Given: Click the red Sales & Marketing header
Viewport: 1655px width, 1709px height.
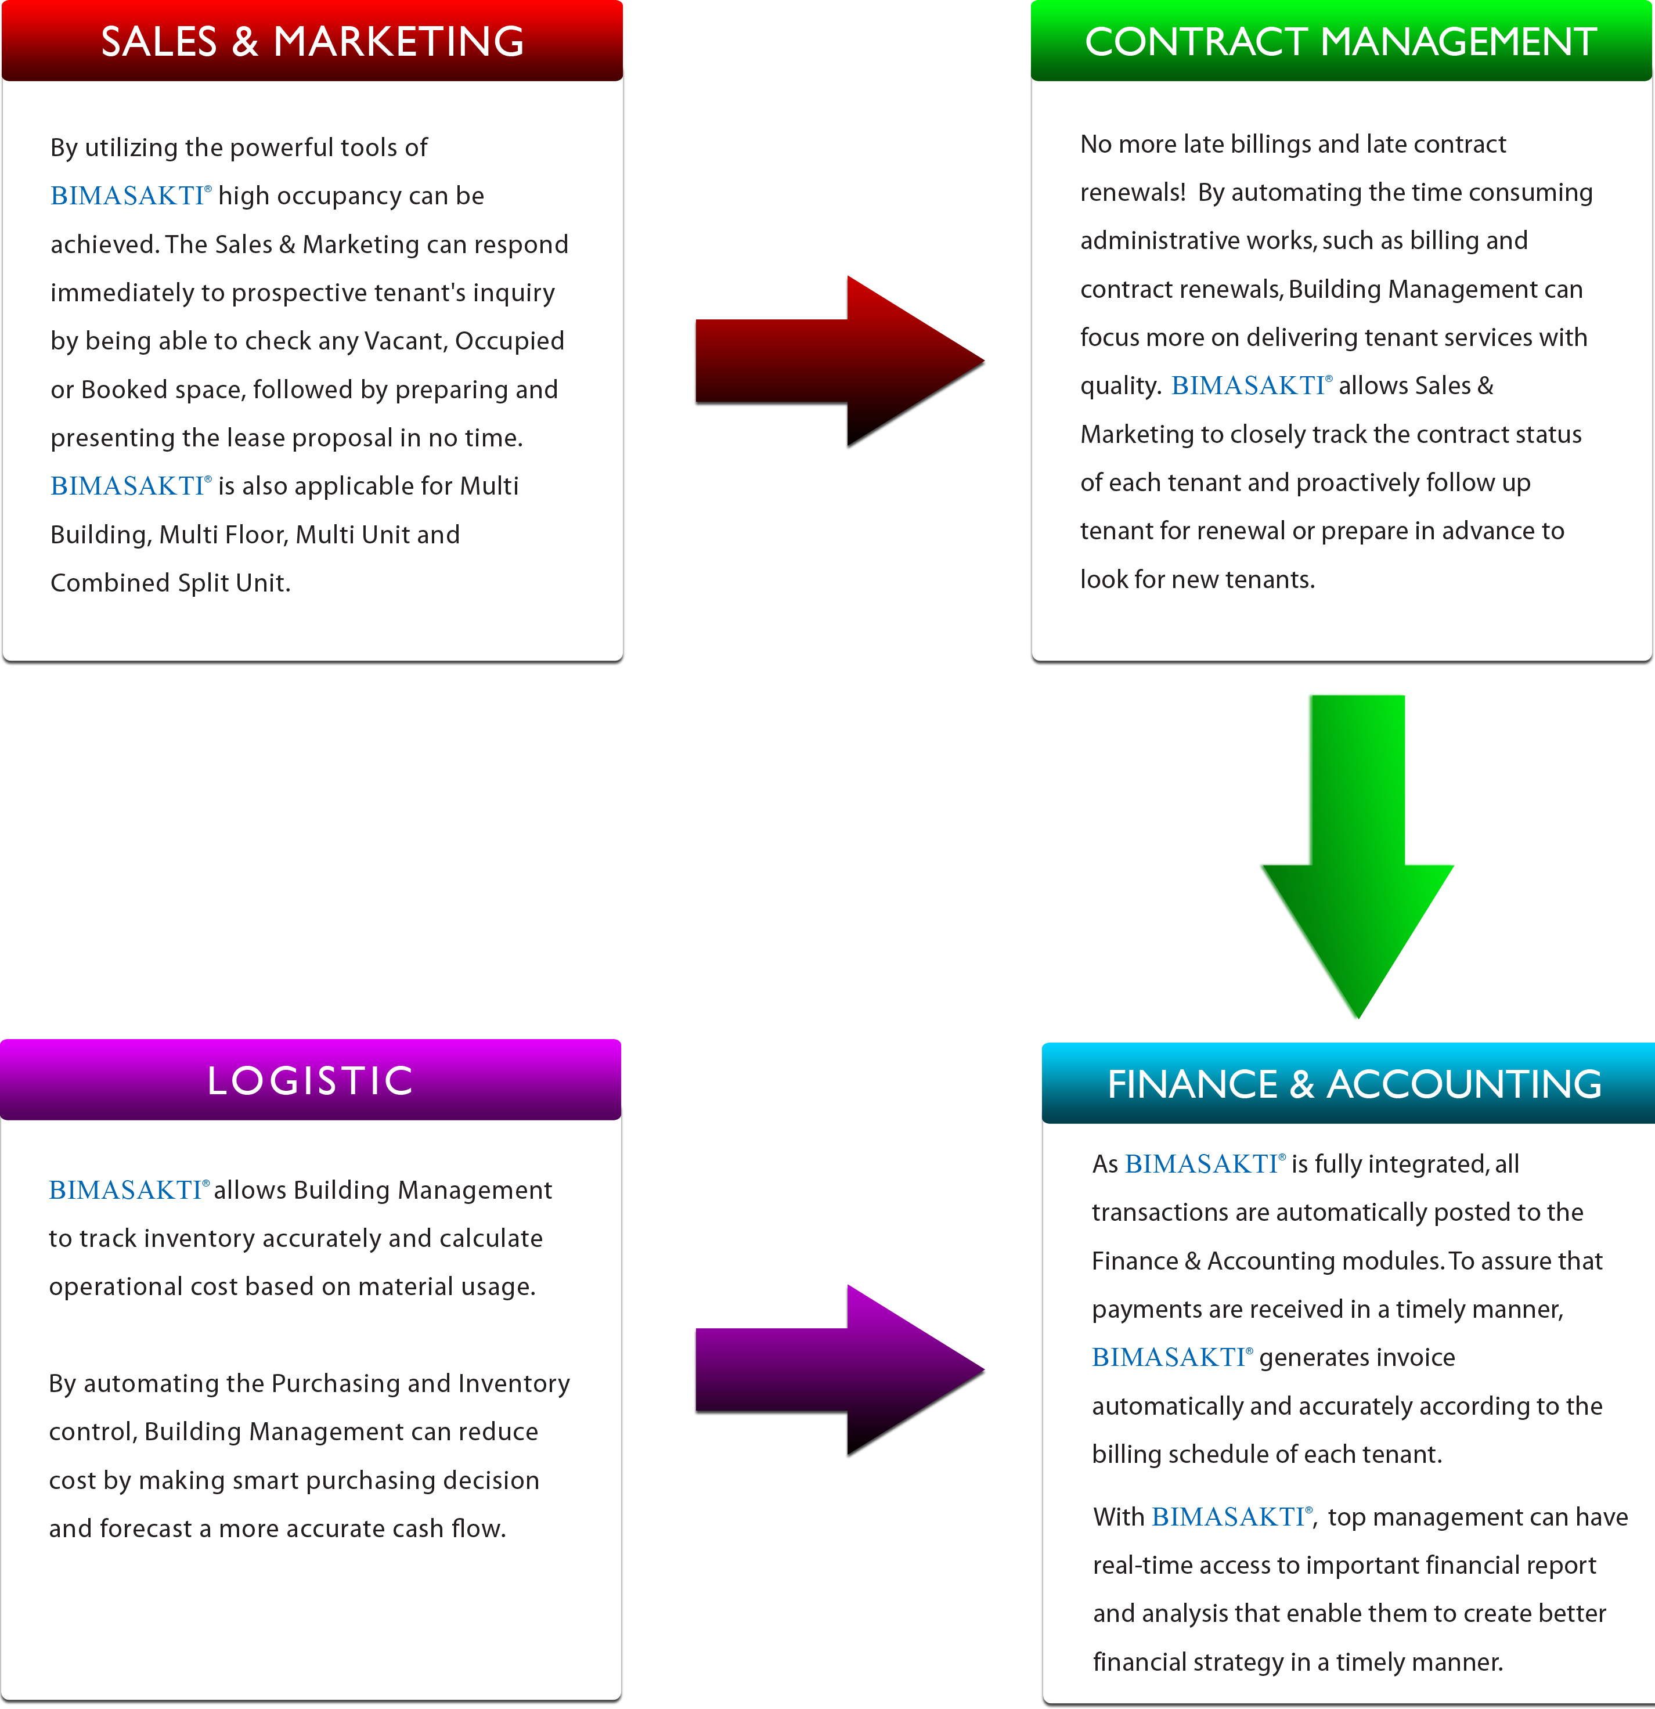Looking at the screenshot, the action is coord(312,41).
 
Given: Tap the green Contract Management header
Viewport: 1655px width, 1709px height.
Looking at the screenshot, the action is coord(1341,41).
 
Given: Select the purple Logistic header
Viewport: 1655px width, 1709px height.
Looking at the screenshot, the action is coord(311,1080).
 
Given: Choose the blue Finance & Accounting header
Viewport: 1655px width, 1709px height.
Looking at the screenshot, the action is coord(1348,1083).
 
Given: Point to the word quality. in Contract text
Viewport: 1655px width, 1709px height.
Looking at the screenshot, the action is coord(1120,386).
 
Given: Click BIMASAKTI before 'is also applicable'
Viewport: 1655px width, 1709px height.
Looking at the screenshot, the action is coord(131,486).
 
